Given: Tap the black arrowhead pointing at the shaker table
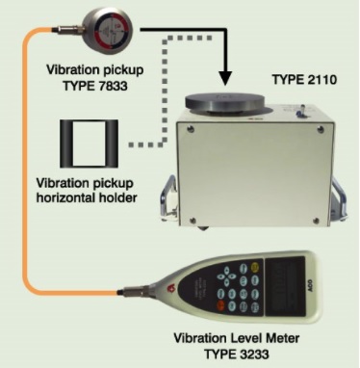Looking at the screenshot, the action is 226,77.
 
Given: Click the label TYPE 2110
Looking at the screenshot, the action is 304,79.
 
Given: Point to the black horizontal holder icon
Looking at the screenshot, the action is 90,144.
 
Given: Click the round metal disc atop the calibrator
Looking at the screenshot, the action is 225,103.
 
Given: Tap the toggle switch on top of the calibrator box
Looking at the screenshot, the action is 302,111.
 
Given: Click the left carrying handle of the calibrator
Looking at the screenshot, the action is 167,197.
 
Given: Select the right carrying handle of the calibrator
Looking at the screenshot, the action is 339,198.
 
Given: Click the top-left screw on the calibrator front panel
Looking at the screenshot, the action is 192,129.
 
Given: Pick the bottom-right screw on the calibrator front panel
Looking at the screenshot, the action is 316,221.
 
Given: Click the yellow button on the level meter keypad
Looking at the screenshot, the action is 255,267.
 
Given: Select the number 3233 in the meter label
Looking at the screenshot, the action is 252,355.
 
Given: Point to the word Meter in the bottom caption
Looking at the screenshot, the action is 282,338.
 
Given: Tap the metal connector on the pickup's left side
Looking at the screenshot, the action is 67,30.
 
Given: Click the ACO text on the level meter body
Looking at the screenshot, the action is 310,285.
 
